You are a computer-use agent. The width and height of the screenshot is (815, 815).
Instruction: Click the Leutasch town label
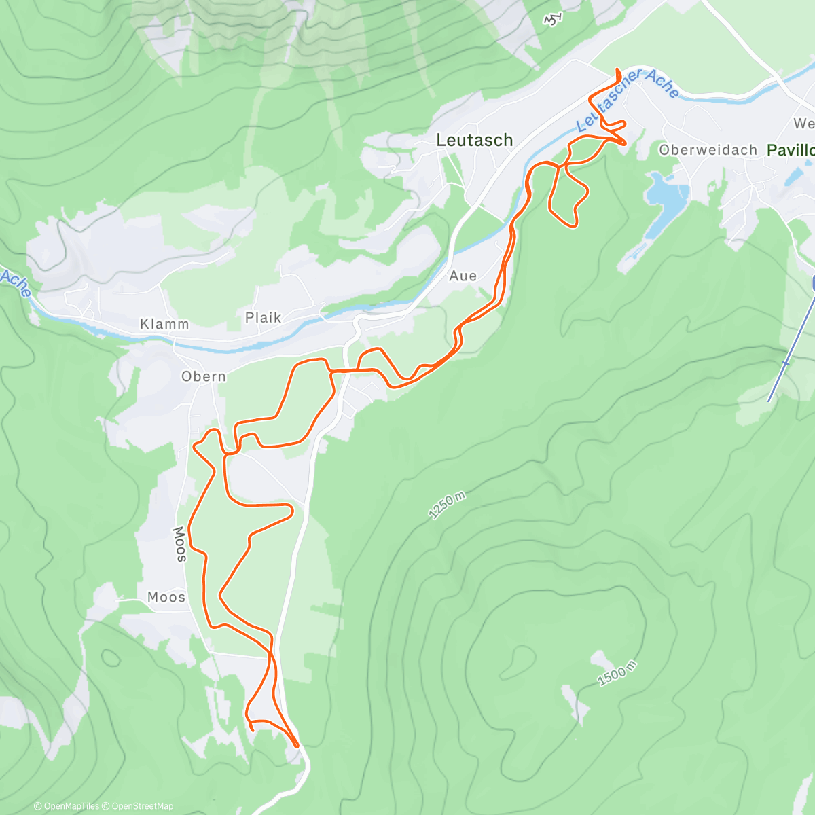pyautogui.click(x=474, y=140)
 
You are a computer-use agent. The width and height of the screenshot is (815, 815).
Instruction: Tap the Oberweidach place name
pyautogui.click(x=708, y=150)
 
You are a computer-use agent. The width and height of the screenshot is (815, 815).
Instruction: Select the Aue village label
pyautogui.click(x=463, y=276)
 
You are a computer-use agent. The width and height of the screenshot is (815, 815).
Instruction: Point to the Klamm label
pyautogui.click(x=164, y=324)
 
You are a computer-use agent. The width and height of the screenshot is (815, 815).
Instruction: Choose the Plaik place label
pyautogui.click(x=263, y=317)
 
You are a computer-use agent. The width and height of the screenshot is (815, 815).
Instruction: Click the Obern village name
pyautogui.click(x=203, y=376)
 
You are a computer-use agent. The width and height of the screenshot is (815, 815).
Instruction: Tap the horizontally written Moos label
pyautogui.click(x=166, y=597)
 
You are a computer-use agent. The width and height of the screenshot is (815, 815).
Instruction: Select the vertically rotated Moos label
pyautogui.click(x=179, y=544)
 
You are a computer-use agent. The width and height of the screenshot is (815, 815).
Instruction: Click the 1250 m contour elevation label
pyautogui.click(x=447, y=506)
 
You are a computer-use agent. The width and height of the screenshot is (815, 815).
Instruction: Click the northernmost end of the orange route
pyautogui.click(x=617, y=70)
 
